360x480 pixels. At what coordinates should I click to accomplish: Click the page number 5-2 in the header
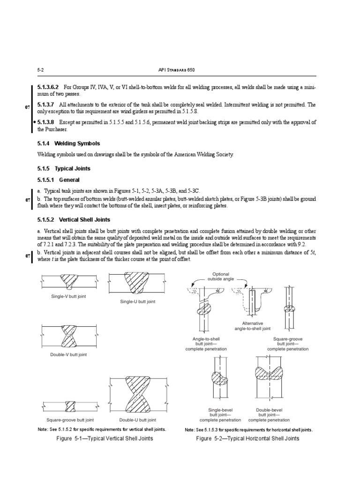pos(40,70)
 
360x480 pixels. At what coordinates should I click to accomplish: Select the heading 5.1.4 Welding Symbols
pos(68,143)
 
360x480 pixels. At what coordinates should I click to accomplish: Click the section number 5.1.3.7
pos(46,105)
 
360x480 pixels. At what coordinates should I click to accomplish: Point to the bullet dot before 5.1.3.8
pos(35,122)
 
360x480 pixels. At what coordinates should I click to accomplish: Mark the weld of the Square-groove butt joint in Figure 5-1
pos(68,405)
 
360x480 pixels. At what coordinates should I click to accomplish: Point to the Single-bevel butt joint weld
pos(219,377)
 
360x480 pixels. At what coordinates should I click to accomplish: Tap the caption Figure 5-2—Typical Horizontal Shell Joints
pos(247,439)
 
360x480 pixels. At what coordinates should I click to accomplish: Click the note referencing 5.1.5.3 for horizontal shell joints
pos(248,430)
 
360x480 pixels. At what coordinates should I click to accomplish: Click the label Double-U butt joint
pos(137,420)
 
